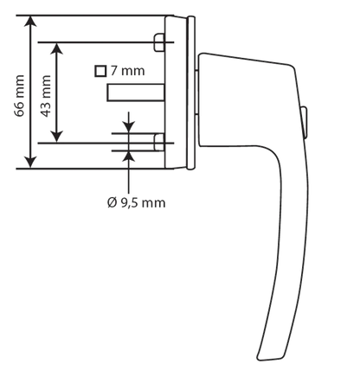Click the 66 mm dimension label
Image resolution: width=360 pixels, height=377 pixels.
pyautogui.click(x=19, y=96)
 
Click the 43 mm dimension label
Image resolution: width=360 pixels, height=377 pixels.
pyautogui.click(x=46, y=96)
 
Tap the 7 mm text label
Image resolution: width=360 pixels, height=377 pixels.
pyautogui.click(x=127, y=71)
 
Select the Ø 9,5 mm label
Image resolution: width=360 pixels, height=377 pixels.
pyautogui.click(x=136, y=203)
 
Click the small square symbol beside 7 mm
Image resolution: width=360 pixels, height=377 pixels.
pyautogui.click(x=100, y=71)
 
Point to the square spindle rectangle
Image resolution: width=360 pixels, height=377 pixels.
pyautogui.click(x=136, y=93)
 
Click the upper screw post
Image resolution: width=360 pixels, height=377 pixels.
pyautogui.click(x=159, y=42)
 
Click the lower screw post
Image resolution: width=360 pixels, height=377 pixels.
pyautogui.click(x=159, y=143)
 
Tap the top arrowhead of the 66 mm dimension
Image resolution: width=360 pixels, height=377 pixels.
pyautogui.click(x=30, y=22)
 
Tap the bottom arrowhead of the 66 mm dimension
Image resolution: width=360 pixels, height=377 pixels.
pyautogui.click(x=30, y=163)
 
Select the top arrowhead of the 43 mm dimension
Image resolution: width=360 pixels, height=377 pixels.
pyautogui.click(x=57, y=48)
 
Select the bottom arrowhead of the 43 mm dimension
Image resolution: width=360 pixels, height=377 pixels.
pyautogui.click(x=57, y=137)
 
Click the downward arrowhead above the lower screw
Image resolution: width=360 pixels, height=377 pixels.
pyautogui.click(x=129, y=128)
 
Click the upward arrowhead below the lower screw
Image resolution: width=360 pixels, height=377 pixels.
pyautogui.click(x=129, y=157)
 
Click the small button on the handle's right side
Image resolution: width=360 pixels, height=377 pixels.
pyautogui.click(x=304, y=122)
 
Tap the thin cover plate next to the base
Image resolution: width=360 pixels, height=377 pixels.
pyautogui.click(x=190, y=93)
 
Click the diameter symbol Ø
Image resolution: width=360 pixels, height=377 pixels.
pyautogui.click(x=112, y=203)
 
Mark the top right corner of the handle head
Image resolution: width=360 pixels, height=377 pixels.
pyautogui.click(x=292, y=67)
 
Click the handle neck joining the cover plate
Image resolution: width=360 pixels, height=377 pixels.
pyautogui.click(x=196, y=93)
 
